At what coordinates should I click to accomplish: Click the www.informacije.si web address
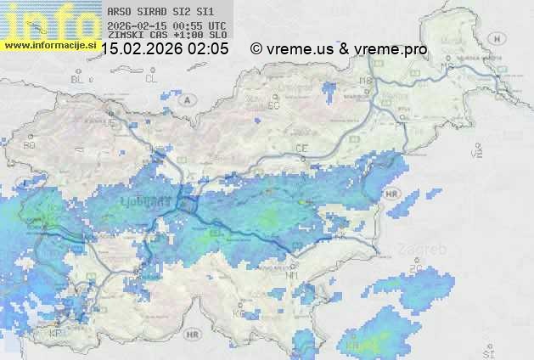[x=50, y=44]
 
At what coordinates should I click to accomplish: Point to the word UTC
[x=216, y=26]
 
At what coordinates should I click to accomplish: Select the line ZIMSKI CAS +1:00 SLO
[x=166, y=36]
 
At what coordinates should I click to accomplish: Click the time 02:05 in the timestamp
[x=209, y=49]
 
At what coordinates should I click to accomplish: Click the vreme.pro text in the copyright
[x=393, y=49]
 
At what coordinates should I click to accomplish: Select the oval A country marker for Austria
[x=185, y=99]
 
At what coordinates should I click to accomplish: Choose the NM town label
[x=293, y=274]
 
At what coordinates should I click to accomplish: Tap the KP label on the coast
[x=56, y=334]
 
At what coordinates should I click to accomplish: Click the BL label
[x=78, y=79]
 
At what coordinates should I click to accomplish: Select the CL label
[x=151, y=79]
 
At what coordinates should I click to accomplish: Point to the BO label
[x=30, y=145]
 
